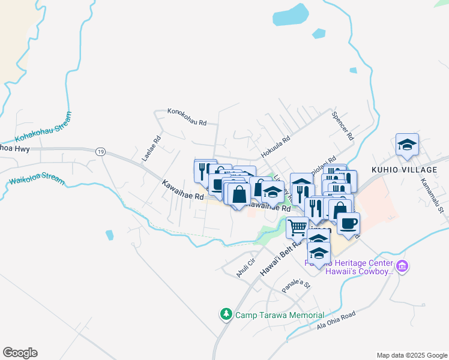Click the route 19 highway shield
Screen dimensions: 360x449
pos(100,152)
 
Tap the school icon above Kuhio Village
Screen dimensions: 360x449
pos(407,145)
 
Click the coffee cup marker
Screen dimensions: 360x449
pos(348,224)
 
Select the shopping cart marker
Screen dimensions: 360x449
pos(298,227)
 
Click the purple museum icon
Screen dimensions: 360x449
pos(402,266)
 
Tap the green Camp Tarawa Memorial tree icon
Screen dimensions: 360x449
pos(226,314)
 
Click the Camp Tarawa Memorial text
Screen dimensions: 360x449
pos(279,315)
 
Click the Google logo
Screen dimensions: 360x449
pos(20,353)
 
